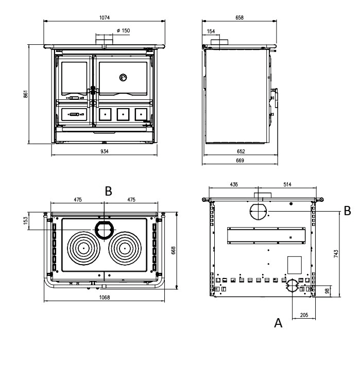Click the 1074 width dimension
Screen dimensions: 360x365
[105, 18]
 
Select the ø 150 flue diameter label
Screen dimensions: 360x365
[123, 30]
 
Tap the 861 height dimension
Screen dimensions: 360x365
[26, 94]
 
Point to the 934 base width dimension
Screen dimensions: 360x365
[105, 151]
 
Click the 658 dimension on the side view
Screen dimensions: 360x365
[239, 18]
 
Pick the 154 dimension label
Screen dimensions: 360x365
[211, 31]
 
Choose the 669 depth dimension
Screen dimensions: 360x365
[240, 161]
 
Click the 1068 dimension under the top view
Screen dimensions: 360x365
[105, 297]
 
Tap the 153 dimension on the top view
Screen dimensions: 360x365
[26, 220]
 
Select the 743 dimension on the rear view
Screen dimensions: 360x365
[336, 253]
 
